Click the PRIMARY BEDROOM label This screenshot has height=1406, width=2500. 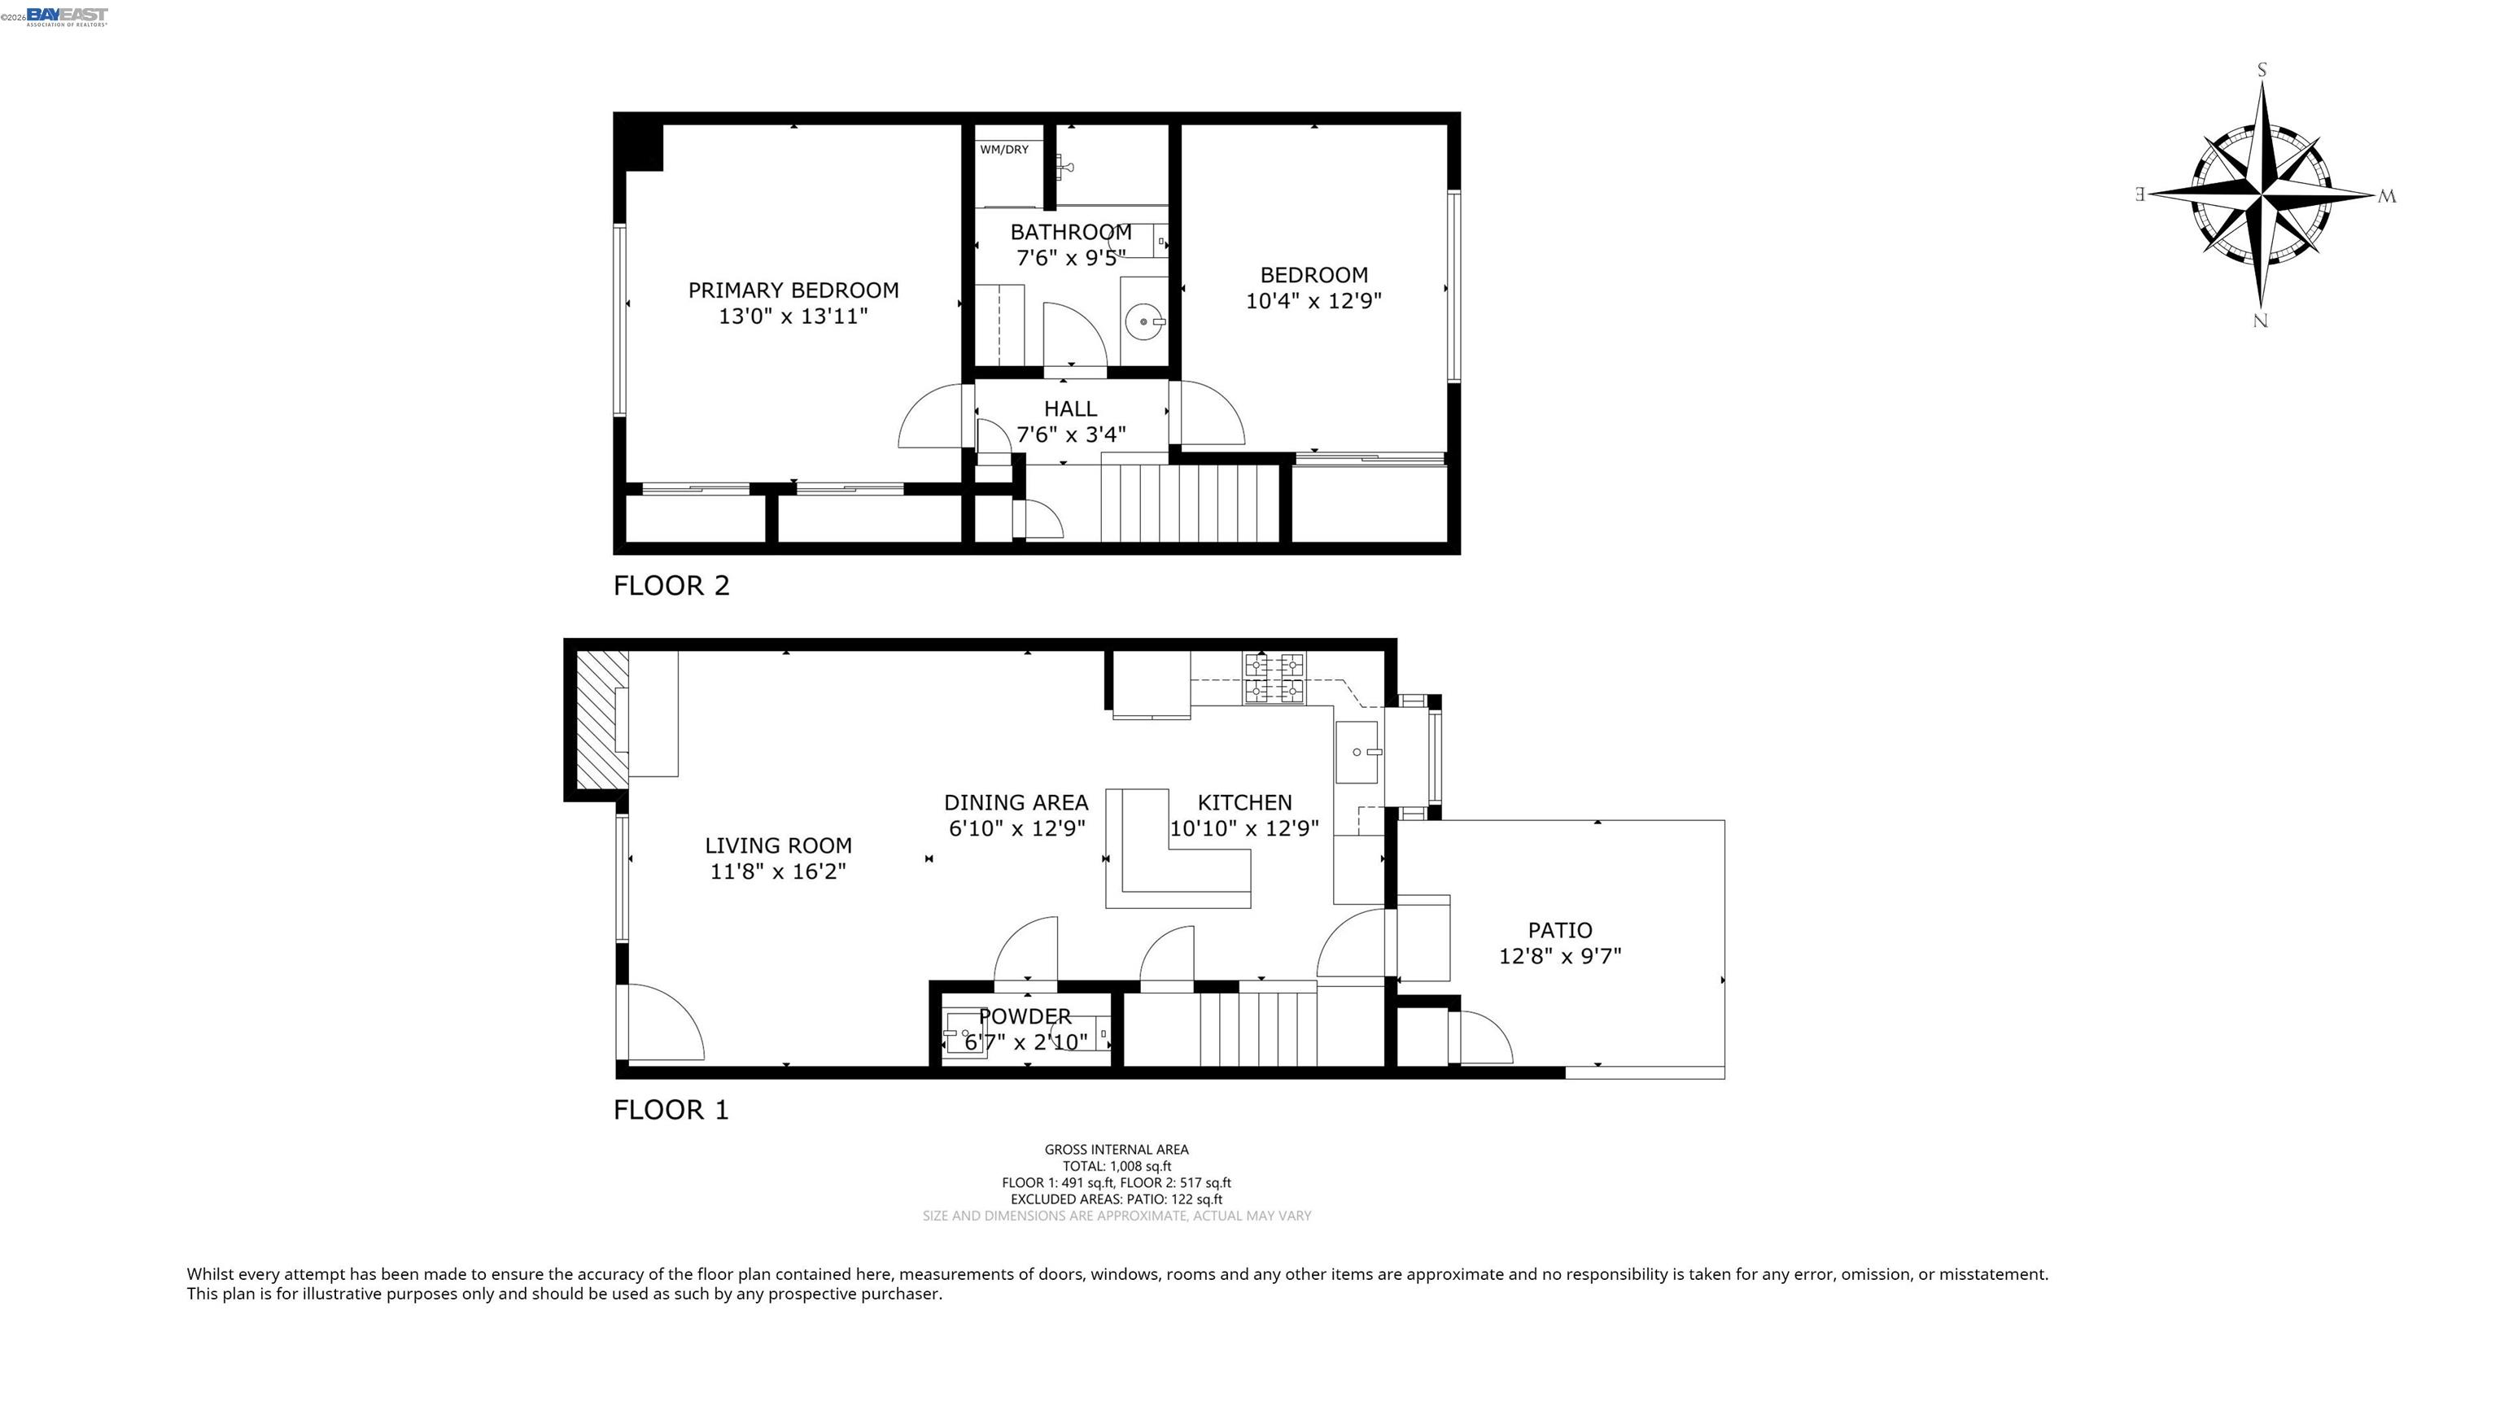pyautogui.click(x=793, y=290)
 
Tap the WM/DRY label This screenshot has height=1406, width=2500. pyautogui.click(x=1003, y=150)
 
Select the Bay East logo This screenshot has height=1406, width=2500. pyautogui.click(x=66, y=16)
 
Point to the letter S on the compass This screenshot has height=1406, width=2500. pyautogui.click(x=2262, y=70)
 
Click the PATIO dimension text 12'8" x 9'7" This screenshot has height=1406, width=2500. pyautogui.click(x=1559, y=956)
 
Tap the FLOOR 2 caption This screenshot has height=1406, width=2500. pyautogui.click(x=671, y=585)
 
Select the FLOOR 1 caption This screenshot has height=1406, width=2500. pyautogui.click(x=671, y=1109)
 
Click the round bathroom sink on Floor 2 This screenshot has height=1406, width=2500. pyautogui.click(x=1145, y=321)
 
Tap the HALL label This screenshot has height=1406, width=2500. pyautogui.click(x=1070, y=408)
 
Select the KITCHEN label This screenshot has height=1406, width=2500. pyautogui.click(x=1244, y=802)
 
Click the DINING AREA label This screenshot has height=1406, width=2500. pyautogui.click(x=1016, y=802)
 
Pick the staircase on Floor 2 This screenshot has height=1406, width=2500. pyautogui.click(x=1190, y=503)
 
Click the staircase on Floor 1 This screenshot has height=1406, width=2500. pyautogui.click(x=1258, y=1028)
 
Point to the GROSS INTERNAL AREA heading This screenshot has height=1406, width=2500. pyautogui.click(x=1116, y=1149)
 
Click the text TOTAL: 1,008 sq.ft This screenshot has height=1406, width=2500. pyautogui.click(x=1116, y=1165)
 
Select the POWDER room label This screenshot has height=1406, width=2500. pyautogui.click(x=1025, y=1016)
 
